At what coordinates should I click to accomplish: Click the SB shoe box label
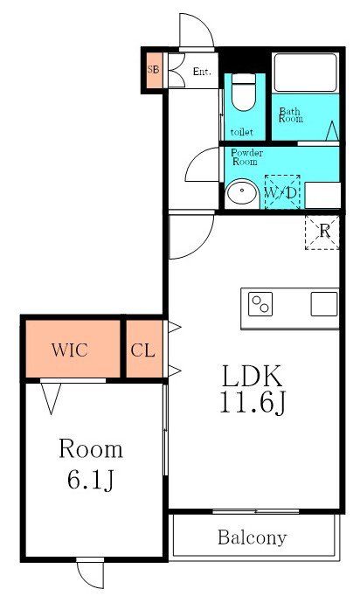153,69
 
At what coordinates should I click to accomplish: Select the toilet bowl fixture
244,91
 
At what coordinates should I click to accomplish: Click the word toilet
243,132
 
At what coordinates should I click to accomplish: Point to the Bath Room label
291,114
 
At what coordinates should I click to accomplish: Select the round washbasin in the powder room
240,192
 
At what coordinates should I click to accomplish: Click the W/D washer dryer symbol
281,191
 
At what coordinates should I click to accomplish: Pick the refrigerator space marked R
322,232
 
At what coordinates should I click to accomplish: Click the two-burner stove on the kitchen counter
261,304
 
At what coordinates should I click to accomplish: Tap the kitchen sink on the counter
324,304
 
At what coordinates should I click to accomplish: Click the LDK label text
252,377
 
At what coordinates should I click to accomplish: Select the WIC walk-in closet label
69,350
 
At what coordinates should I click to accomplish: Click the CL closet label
143,350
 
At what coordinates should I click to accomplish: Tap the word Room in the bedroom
91,449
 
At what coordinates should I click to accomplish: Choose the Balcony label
253,537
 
